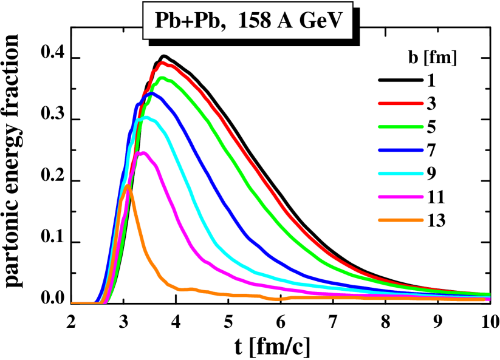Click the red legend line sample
pyautogui.click(x=400, y=104)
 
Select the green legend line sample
pyautogui.click(x=400, y=127)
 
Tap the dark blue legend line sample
pyautogui.click(x=400, y=150)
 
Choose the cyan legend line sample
pyautogui.click(x=400, y=174)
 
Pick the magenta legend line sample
pyautogui.click(x=400, y=197)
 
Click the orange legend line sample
pyautogui.click(x=400, y=220)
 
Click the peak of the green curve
pyautogui.click(x=162, y=78)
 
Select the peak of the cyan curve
pyautogui.click(x=145, y=118)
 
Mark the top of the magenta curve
pyautogui.click(x=143, y=153)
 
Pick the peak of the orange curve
pyautogui.click(x=127, y=186)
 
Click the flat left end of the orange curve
pyautogui.click(x=82, y=302)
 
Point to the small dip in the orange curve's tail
pyautogui.click(x=276, y=299)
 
